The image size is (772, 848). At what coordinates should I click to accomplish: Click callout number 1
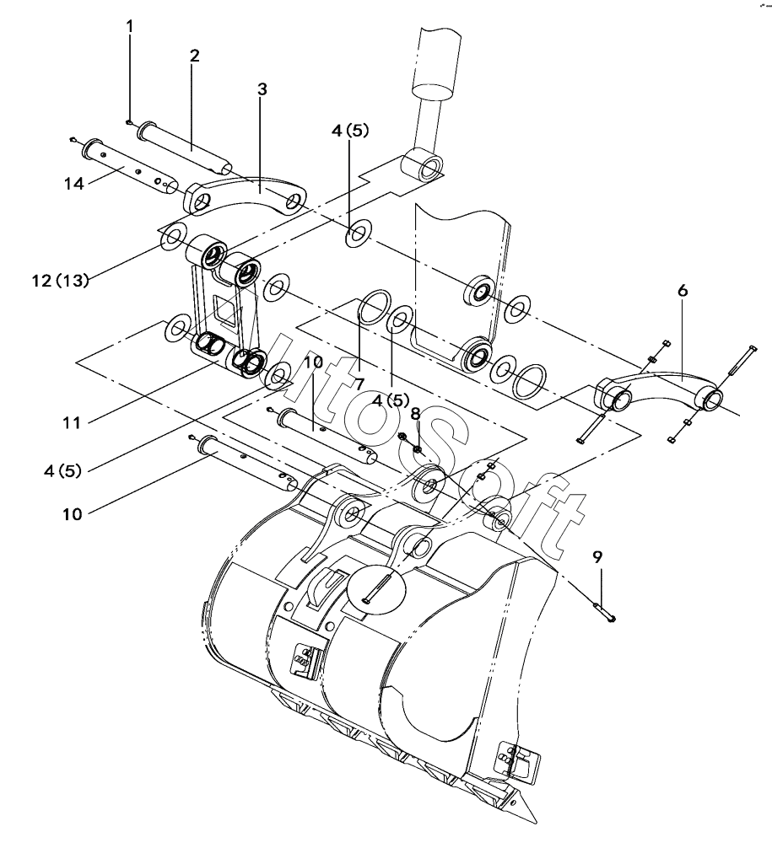(130, 26)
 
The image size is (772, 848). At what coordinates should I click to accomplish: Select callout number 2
(194, 55)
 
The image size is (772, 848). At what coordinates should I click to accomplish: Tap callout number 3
(262, 89)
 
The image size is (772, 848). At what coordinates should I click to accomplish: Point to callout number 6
(683, 291)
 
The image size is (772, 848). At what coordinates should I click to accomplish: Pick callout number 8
(415, 414)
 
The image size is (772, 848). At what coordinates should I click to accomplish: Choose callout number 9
(597, 556)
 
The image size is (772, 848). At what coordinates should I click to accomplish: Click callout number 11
(72, 422)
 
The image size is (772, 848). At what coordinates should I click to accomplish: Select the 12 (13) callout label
(60, 281)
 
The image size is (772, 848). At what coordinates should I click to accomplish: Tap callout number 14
(74, 184)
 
